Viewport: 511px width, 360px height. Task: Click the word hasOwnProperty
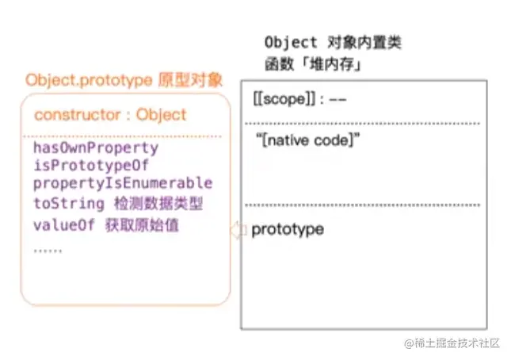96,148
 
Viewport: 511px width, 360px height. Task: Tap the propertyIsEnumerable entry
123,184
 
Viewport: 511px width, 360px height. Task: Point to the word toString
64,203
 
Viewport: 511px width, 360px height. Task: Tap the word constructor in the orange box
76,115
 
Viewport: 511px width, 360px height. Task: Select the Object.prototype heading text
88,80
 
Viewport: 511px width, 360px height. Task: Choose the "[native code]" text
307,140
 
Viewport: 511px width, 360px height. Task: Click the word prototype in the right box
288,230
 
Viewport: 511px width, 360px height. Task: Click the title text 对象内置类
357,43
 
